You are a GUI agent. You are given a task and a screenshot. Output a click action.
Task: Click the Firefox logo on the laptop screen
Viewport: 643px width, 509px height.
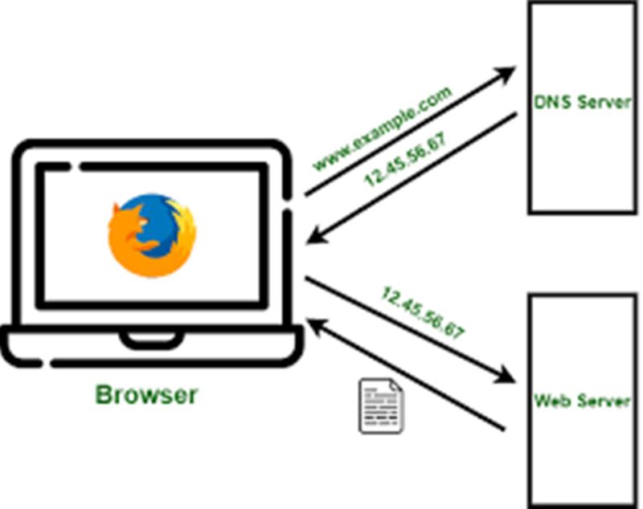tap(152, 235)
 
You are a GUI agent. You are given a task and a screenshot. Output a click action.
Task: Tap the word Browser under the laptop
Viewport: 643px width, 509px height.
tap(146, 395)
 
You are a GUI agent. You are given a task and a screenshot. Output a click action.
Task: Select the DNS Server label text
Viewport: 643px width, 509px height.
tap(582, 102)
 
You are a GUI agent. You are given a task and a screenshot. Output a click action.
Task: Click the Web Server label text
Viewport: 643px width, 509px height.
tap(582, 400)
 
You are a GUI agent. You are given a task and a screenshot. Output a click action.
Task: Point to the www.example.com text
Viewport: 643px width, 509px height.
tap(383, 128)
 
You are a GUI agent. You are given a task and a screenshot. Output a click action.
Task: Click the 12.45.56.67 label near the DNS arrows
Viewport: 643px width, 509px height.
tap(405, 160)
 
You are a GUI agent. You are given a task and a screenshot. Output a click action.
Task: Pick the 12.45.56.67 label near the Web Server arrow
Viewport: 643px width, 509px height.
tap(424, 313)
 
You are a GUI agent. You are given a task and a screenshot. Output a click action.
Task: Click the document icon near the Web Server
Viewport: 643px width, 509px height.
tap(381, 405)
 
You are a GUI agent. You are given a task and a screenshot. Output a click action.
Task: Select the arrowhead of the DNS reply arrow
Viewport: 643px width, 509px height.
tap(315, 238)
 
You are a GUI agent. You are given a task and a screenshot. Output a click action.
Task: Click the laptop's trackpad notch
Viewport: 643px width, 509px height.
tap(151, 340)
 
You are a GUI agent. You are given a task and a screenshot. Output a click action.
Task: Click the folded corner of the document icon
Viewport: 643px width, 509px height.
tap(395, 386)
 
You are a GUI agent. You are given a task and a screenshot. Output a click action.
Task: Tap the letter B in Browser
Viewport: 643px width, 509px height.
tap(104, 395)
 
